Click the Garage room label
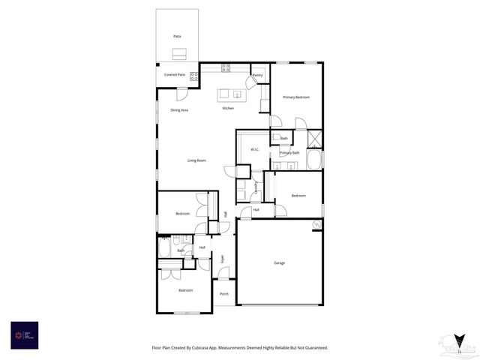point(279,262)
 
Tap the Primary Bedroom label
point(296,97)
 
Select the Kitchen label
point(228,108)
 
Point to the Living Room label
point(196,160)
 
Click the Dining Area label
point(179,110)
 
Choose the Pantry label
point(258,75)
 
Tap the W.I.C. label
point(254,149)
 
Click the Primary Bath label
point(289,153)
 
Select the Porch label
point(223,293)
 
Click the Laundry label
point(256,187)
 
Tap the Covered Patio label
point(175,75)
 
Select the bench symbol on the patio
point(178,53)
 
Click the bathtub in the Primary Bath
point(315,160)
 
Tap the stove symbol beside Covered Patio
point(193,75)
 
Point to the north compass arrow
point(458,343)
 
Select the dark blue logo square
point(24,334)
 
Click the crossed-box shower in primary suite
point(316,138)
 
